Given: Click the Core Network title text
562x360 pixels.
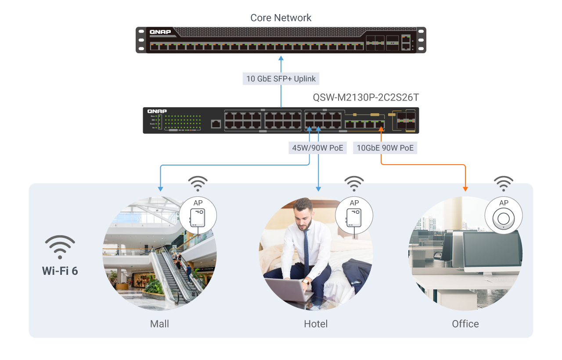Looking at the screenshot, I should [x=281, y=18].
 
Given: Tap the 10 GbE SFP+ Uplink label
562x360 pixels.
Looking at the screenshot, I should [x=281, y=79].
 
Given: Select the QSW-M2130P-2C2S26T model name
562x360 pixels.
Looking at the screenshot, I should [x=366, y=97].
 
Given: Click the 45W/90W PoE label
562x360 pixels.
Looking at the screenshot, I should [x=317, y=148].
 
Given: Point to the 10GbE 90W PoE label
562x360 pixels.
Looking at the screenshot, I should [x=385, y=148].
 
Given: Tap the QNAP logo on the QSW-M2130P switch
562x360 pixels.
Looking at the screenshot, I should [x=157, y=112].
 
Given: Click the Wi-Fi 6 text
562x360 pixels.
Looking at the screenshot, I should [x=60, y=270].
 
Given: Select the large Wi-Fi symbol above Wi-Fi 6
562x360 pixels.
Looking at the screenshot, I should [x=60, y=247].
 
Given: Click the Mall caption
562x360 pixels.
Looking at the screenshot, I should [x=159, y=324].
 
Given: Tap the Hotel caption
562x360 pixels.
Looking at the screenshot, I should [x=316, y=324].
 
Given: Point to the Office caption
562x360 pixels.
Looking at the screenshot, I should [x=465, y=324].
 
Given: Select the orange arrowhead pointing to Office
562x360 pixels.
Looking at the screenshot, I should [x=465, y=189].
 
